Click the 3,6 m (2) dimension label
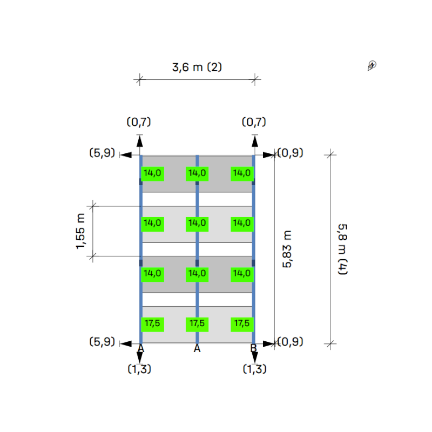197,67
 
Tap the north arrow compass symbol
372,65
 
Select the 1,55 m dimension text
80,231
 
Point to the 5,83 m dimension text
287,249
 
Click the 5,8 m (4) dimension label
343,249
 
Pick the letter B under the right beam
253,348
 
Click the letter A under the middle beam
197,348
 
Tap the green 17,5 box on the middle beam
197,325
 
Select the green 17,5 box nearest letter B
242,325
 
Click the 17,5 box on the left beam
152,325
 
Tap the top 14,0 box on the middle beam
197,173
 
